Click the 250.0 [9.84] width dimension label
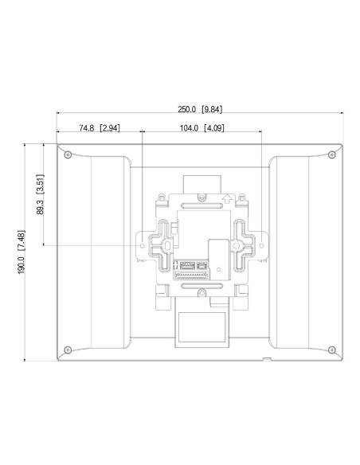pyautogui.click(x=200, y=109)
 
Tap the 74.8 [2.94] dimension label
pyautogui.click(x=100, y=128)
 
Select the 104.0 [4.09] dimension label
pyautogui.click(x=202, y=128)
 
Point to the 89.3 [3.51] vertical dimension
pyautogui.click(x=41, y=194)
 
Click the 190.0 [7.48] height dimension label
pyautogui.click(x=22, y=252)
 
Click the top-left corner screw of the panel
pyautogui.click(x=68, y=154)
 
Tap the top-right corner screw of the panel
pyautogui.click(x=332, y=154)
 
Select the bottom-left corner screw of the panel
pyautogui.click(x=68, y=350)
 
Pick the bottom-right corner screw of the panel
pyautogui.click(x=332, y=350)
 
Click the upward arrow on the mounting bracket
pyautogui.click(x=227, y=199)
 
